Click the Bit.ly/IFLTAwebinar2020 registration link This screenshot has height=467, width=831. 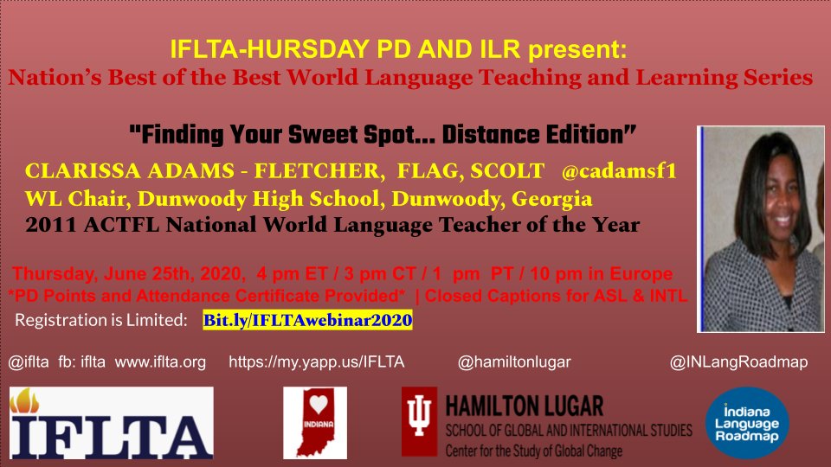pos(307,321)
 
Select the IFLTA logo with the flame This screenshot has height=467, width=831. pos(112,423)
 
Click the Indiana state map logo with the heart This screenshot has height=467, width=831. pos(315,423)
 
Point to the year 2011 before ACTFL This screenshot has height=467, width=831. pos(49,227)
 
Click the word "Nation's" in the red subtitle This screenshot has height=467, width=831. pos(50,78)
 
